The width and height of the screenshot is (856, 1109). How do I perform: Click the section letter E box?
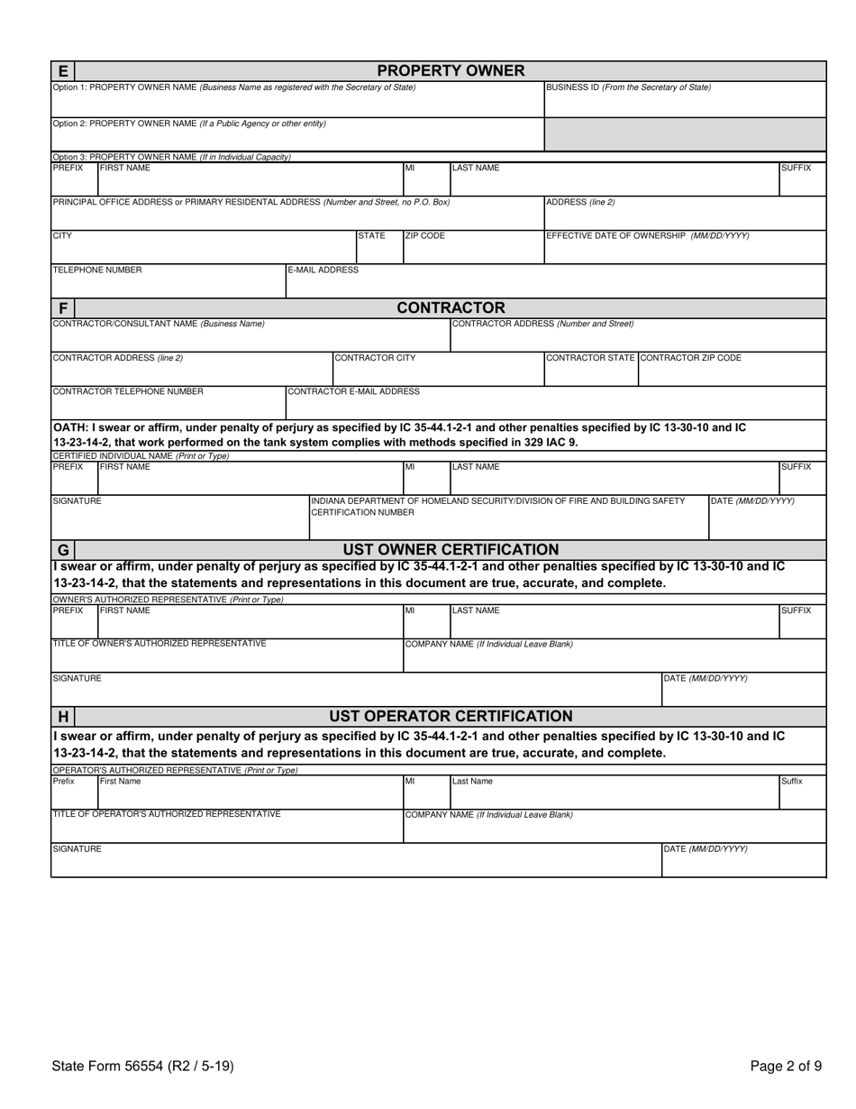coord(62,70)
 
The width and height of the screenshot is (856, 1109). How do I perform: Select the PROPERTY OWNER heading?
coord(451,70)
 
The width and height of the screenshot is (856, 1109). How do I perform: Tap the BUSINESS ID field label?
coord(628,87)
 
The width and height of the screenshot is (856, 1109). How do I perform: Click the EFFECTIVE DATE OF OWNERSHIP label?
coord(647,236)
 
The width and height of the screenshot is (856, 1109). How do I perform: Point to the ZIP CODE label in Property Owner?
coord(424,236)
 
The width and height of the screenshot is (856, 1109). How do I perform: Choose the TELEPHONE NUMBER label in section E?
coord(97,270)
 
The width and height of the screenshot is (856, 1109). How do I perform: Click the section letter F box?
coord(62,308)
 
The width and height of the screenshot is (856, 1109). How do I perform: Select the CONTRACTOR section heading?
coord(451,308)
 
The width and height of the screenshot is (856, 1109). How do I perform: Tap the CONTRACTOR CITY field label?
coord(375,358)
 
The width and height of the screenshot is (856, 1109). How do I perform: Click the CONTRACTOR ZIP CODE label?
coord(690,358)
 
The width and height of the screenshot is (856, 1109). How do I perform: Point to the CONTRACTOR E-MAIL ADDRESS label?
coord(353,391)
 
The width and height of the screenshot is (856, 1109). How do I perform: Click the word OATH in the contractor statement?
coord(70,426)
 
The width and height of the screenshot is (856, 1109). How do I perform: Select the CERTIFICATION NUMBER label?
coord(362,513)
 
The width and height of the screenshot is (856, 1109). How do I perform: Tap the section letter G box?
coord(62,550)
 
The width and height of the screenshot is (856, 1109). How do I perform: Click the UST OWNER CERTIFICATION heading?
coord(451,550)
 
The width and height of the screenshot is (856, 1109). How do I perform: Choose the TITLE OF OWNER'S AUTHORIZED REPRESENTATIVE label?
coord(159,643)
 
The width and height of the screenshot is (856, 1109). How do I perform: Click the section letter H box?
coord(62,717)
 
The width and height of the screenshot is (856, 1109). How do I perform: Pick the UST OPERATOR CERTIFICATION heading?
coord(451,717)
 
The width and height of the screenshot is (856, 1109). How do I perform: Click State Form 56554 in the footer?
coord(143,1066)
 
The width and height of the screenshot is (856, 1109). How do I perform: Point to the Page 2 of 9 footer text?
coord(786,1066)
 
